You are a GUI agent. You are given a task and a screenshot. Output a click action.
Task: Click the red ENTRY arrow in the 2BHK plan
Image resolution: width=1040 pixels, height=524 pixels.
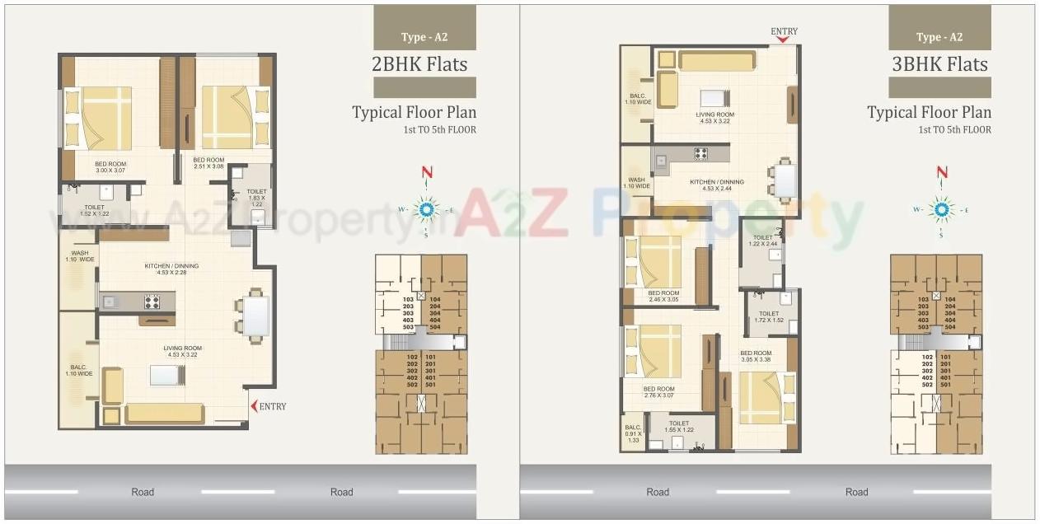tap(253, 406)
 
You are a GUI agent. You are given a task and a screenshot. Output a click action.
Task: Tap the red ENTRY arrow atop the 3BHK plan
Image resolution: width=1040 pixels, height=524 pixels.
tap(783, 40)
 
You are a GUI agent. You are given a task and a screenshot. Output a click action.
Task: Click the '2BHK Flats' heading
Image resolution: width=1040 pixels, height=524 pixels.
tap(419, 64)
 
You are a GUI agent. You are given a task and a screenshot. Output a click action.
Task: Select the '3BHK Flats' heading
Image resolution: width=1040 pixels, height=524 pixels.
tap(939, 64)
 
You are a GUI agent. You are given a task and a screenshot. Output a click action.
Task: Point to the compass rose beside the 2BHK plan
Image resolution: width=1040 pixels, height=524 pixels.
tap(426, 209)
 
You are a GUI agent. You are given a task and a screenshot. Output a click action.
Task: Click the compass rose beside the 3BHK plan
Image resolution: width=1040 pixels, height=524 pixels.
tap(941, 209)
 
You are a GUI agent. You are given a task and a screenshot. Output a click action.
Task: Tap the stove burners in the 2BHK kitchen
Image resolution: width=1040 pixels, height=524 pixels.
tap(152, 302)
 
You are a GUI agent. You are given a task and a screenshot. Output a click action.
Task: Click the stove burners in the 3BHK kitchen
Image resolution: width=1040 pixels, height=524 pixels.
tap(701, 153)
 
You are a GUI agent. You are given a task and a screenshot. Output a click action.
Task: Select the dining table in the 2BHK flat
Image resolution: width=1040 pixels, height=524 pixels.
tap(255, 315)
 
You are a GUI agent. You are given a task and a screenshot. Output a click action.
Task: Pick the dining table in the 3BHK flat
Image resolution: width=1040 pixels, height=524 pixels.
tap(785, 180)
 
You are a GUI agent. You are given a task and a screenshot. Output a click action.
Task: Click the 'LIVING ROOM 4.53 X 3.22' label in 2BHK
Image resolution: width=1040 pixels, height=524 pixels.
tap(182, 352)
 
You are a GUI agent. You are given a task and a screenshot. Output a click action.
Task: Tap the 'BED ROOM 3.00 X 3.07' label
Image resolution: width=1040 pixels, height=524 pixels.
tap(110, 167)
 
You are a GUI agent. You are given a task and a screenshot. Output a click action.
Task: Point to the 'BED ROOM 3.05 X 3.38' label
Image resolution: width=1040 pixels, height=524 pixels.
tap(755, 356)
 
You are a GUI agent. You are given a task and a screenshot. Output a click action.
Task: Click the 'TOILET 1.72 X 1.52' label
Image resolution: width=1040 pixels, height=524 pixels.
tap(768, 317)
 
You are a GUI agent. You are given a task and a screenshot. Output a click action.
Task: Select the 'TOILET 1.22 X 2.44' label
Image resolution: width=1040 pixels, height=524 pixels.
tap(761, 241)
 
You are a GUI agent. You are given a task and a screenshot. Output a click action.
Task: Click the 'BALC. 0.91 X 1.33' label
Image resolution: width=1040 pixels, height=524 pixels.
tap(633, 433)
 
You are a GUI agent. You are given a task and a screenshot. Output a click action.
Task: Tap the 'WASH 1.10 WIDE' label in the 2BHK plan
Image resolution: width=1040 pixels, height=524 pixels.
tap(80, 256)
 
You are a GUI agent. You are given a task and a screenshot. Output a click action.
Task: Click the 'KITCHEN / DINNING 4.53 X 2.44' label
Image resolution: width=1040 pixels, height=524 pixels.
tap(716, 185)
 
